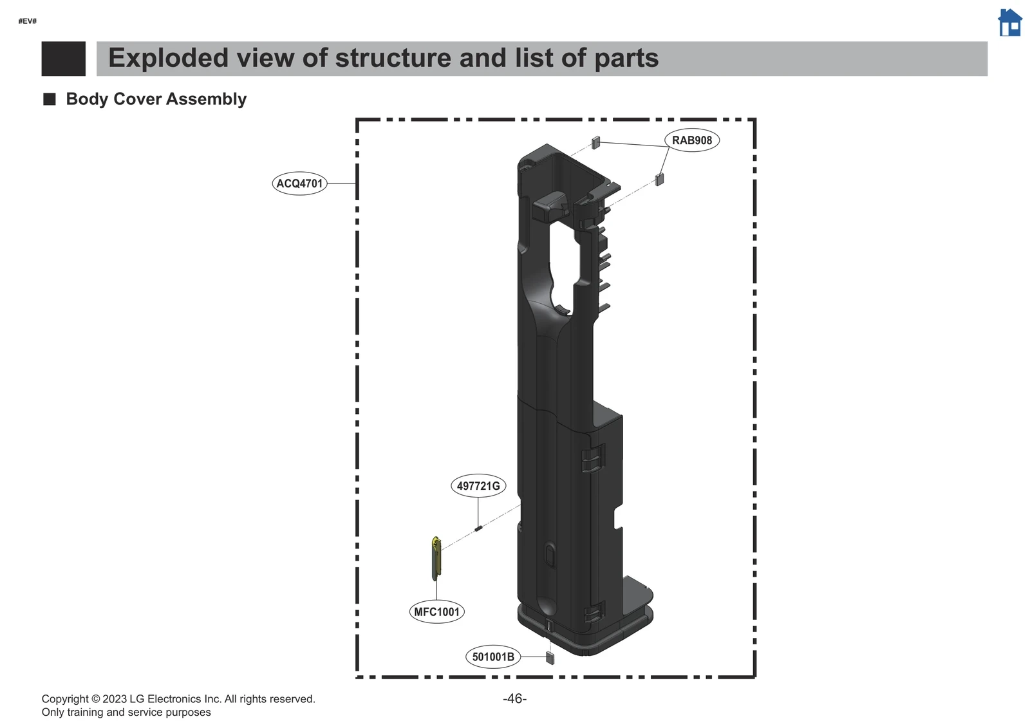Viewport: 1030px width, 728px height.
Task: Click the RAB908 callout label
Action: click(691, 140)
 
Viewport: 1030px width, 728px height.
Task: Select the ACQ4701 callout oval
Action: click(299, 183)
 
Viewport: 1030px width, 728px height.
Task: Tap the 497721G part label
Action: click(478, 486)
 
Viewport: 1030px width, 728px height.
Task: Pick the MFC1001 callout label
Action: click(436, 611)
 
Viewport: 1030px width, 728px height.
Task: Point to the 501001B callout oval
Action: click(493, 657)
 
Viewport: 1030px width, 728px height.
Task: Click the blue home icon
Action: click(1009, 23)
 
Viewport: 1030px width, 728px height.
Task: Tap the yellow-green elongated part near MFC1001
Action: click(436, 557)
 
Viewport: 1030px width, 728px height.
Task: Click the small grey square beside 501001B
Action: click(550, 658)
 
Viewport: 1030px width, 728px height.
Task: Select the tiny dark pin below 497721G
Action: click(478, 528)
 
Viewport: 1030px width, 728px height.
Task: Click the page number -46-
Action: click(514, 699)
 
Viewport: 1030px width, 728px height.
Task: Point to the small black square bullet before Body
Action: click(50, 99)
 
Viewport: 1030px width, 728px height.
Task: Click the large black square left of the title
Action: click(63, 59)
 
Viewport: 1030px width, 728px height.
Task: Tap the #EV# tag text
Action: click(28, 21)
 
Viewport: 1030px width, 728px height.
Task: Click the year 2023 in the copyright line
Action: click(115, 699)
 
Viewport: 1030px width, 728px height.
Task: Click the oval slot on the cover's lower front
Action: click(549, 554)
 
